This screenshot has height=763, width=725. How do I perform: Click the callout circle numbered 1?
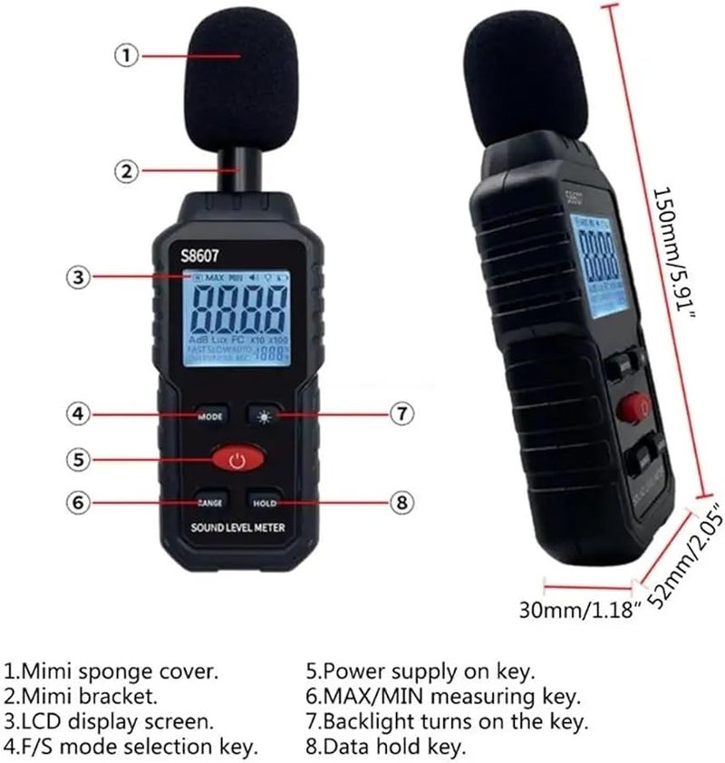(x=127, y=55)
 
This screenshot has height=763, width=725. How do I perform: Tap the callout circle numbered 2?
(x=127, y=169)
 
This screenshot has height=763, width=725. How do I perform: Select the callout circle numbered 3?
(x=81, y=277)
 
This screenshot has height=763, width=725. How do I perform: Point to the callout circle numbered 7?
(x=401, y=414)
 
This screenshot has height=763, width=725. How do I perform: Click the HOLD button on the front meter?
(x=265, y=502)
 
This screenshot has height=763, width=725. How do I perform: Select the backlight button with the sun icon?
(x=265, y=415)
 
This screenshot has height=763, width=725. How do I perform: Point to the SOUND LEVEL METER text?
(x=237, y=529)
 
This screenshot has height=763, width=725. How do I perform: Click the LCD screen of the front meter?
(x=237, y=317)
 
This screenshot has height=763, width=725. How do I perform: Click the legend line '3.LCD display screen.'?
(x=110, y=722)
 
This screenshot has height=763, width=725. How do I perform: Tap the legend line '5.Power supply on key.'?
(x=420, y=672)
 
